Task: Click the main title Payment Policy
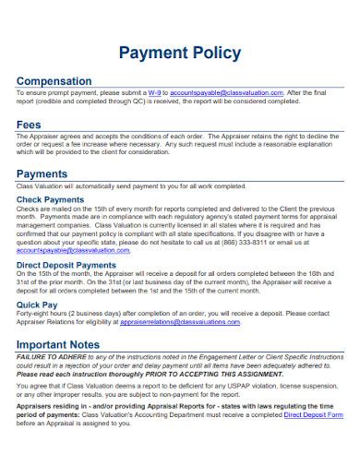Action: tap(179, 53)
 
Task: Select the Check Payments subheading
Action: tap(51, 200)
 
